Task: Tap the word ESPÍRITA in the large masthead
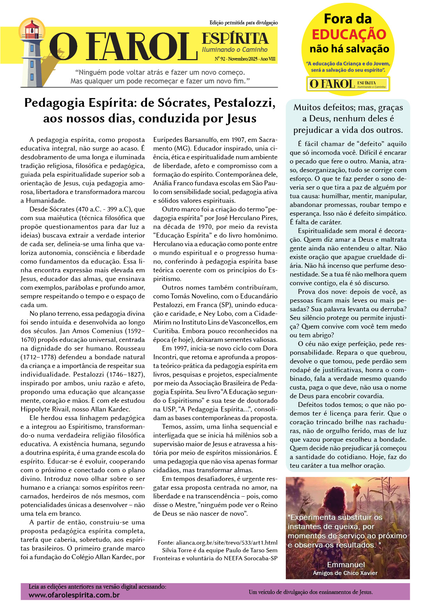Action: point(235,39)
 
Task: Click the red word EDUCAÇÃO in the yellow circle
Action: point(349,34)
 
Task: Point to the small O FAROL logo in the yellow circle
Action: point(348,84)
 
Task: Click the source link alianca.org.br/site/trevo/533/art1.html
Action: point(226,543)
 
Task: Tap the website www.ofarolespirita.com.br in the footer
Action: point(74,595)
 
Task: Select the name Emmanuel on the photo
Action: point(346,564)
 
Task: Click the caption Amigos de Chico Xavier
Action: point(345,573)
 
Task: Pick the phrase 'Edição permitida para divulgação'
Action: point(243,23)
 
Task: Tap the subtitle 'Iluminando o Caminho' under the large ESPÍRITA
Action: point(235,50)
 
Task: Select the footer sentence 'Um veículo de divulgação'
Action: point(310,592)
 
